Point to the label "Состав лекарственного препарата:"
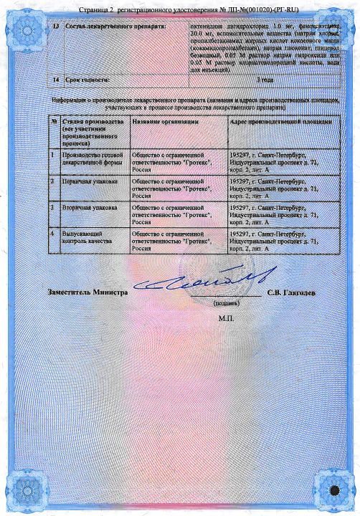pyautogui.click(x=105, y=26)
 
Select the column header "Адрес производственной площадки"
pyautogui.click(x=280, y=123)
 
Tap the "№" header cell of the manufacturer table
pyautogui.click(x=54, y=123)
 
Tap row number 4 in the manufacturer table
pyautogui.click(x=54, y=234)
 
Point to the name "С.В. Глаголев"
pyautogui.click(x=290, y=292)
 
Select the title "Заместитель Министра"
pyautogui.click(x=87, y=292)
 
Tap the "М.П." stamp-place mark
pyautogui.click(x=226, y=317)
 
